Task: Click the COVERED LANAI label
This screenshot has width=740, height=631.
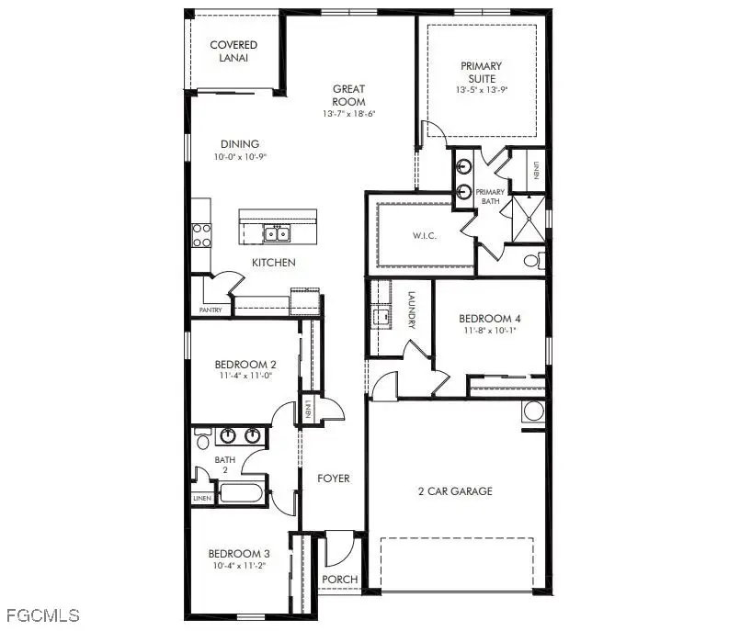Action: click(x=233, y=51)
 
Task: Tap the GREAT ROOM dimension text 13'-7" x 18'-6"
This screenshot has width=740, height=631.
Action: click(x=349, y=114)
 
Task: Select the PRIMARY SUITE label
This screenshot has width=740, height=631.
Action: click(x=481, y=72)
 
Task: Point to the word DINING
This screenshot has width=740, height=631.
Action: click(x=239, y=144)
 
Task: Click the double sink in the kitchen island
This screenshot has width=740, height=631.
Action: click(x=275, y=234)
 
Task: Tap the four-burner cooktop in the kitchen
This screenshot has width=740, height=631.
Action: click(x=201, y=235)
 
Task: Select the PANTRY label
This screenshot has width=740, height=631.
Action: click(x=211, y=311)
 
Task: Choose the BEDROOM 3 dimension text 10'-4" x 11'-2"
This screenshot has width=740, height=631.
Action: click(x=237, y=567)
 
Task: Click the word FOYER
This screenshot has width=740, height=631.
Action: click(x=333, y=479)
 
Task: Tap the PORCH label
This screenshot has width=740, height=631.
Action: click(x=336, y=580)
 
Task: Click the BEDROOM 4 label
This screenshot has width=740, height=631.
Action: click(x=492, y=320)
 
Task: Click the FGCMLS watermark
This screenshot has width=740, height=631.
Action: click(x=40, y=614)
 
